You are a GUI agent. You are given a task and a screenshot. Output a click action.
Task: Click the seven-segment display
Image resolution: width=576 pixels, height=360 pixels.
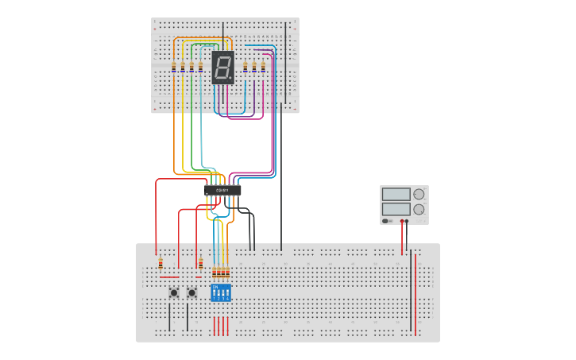[x=223, y=68]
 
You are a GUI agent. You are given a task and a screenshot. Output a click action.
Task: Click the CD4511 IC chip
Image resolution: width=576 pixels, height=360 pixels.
[x=222, y=190]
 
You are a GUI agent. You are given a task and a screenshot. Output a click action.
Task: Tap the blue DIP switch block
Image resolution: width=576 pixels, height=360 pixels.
[x=221, y=292]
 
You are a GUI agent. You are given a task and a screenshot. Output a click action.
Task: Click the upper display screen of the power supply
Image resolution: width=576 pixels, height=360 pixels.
[x=396, y=194]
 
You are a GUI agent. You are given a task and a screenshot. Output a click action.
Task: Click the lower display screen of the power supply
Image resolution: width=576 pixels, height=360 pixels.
[x=396, y=209]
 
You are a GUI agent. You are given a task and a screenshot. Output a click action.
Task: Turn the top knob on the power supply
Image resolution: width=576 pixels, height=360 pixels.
[x=419, y=194]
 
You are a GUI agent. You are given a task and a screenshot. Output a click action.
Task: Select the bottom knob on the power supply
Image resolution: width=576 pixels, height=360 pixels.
[x=419, y=209]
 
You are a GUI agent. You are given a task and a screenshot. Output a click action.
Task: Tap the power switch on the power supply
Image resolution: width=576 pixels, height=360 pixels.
[x=387, y=222]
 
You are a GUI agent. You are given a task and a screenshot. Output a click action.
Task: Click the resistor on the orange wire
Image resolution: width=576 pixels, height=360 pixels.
[x=174, y=67]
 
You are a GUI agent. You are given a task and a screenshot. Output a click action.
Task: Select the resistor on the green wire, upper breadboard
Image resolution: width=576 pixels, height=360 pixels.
[x=191, y=67]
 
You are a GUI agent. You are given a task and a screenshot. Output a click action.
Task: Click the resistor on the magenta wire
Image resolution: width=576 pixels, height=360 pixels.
[x=263, y=67]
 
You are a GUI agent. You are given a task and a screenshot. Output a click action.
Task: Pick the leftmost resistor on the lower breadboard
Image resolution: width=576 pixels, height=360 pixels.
[x=160, y=263]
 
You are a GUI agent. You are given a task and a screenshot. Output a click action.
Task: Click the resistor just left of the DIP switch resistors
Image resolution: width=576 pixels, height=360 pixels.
[x=200, y=263]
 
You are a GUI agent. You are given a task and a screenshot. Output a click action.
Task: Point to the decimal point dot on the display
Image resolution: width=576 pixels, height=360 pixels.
[x=231, y=78]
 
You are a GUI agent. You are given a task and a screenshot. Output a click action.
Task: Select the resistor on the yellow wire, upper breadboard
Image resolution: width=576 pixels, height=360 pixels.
[x=183, y=67]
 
